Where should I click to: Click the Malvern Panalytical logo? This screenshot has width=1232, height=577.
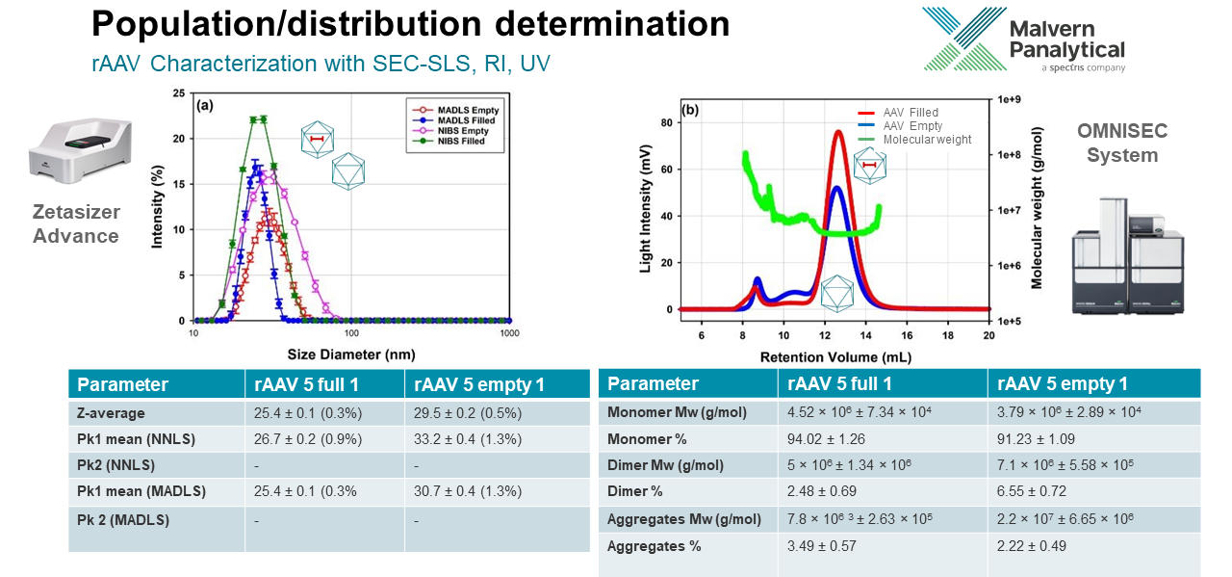coord(1022,39)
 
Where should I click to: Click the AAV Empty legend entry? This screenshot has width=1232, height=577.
coord(911,126)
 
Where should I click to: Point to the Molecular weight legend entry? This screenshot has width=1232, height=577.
coord(926,140)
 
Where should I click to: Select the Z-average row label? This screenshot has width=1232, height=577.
coord(112,413)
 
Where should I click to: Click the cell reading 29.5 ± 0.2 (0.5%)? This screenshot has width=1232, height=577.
coord(468,413)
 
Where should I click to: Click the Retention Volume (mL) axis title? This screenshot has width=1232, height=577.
coord(833,356)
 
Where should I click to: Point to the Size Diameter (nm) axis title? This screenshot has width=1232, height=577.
coord(351,354)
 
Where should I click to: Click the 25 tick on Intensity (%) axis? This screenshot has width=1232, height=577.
coord(176,93)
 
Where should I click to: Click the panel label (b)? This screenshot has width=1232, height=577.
coord(689,110)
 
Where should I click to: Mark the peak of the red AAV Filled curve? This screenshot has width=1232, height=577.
coord(837,131)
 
